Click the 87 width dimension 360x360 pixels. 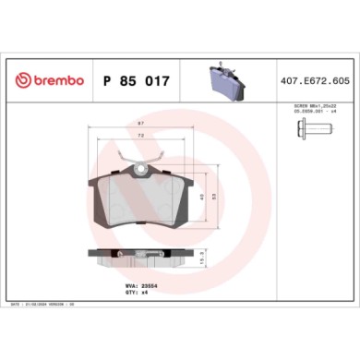pyautogui.click(x=139, y=124)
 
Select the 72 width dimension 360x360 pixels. pyautogui.click(x=139, y=136)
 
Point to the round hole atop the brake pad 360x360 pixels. pyautogui.click(x=139, y=168)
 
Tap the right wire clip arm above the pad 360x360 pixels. pyautogui.click(x=159, y=156)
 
